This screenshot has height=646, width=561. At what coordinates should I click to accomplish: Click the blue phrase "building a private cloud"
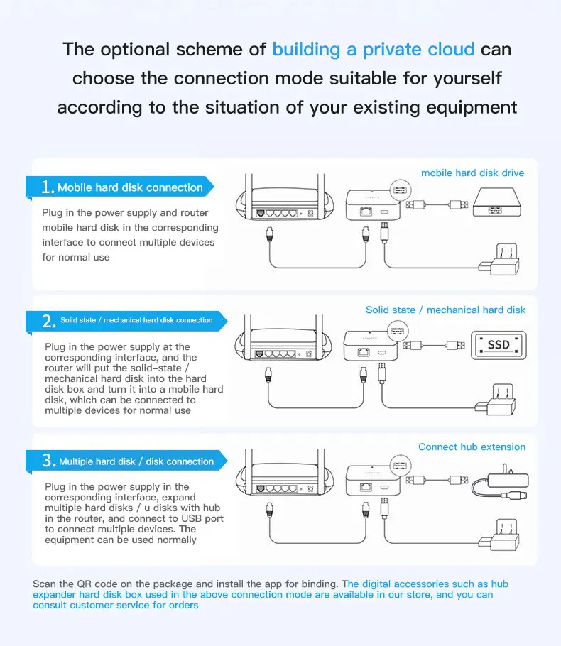[373, 50]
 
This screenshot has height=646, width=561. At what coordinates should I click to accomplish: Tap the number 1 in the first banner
[48, 187]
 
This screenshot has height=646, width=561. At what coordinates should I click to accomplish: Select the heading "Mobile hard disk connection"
[130, 187]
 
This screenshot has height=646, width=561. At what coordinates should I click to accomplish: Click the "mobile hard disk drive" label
[472, 173]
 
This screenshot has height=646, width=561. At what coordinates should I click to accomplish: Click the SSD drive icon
[499, 344]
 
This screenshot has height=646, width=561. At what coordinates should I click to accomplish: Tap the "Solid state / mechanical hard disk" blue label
[445, 310]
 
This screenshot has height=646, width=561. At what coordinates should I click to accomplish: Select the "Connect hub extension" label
[472, 447]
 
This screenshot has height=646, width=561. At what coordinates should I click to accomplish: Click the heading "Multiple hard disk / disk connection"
[136, 461]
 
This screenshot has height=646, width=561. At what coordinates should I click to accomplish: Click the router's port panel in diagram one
[285, 212]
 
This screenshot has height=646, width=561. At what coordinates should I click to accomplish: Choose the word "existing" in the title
[386, 107]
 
